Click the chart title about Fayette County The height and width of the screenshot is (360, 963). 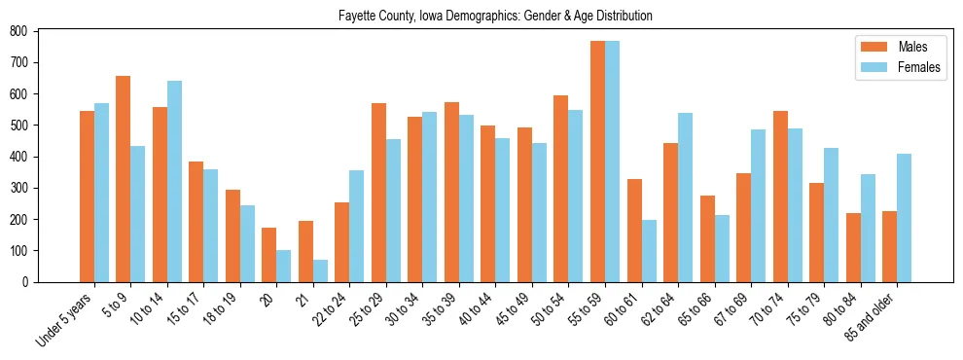point(495,16)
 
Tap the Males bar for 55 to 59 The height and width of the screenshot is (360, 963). point(597,162)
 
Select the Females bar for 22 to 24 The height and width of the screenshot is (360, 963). point(357,226)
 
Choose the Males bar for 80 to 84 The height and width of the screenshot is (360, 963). point(853,247)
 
